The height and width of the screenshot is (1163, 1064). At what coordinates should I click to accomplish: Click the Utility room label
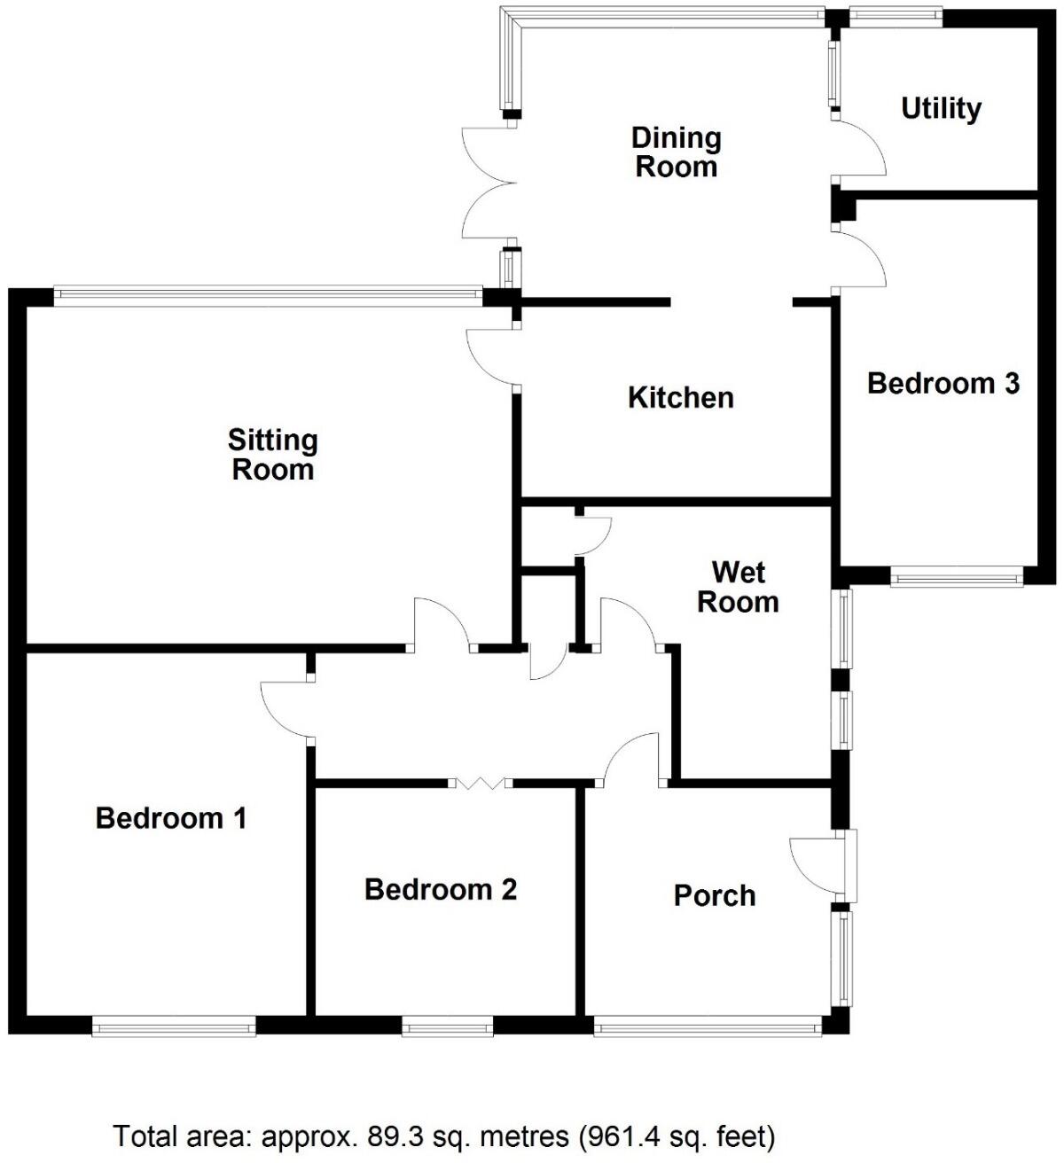pyautogui.click(x=941, y=108)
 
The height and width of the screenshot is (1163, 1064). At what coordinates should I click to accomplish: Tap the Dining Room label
pyautogui.click(x=676, y=152)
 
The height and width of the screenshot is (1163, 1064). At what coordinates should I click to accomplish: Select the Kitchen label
pyautogui.click(x=681, y=397)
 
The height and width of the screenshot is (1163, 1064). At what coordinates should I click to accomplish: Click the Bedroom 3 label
pyautogui.click(x=943, y=383)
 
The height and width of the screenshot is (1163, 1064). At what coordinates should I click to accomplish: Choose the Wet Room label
pyautogui.click(x=738, y=587)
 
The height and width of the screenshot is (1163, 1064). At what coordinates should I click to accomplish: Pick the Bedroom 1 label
pyautogui.click(x=171, y=817)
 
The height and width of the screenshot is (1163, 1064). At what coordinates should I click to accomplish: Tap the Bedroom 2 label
pyautogui.click(x=441, y=889)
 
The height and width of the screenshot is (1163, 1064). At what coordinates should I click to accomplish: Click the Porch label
pyautogui.click(x=715, y=895)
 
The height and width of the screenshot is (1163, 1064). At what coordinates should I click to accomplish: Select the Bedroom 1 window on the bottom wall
pyautogui.click(x=174, y=1026)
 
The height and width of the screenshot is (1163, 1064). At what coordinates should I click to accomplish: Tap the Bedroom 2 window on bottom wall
pyautogui.click(x=448, y=1026)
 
